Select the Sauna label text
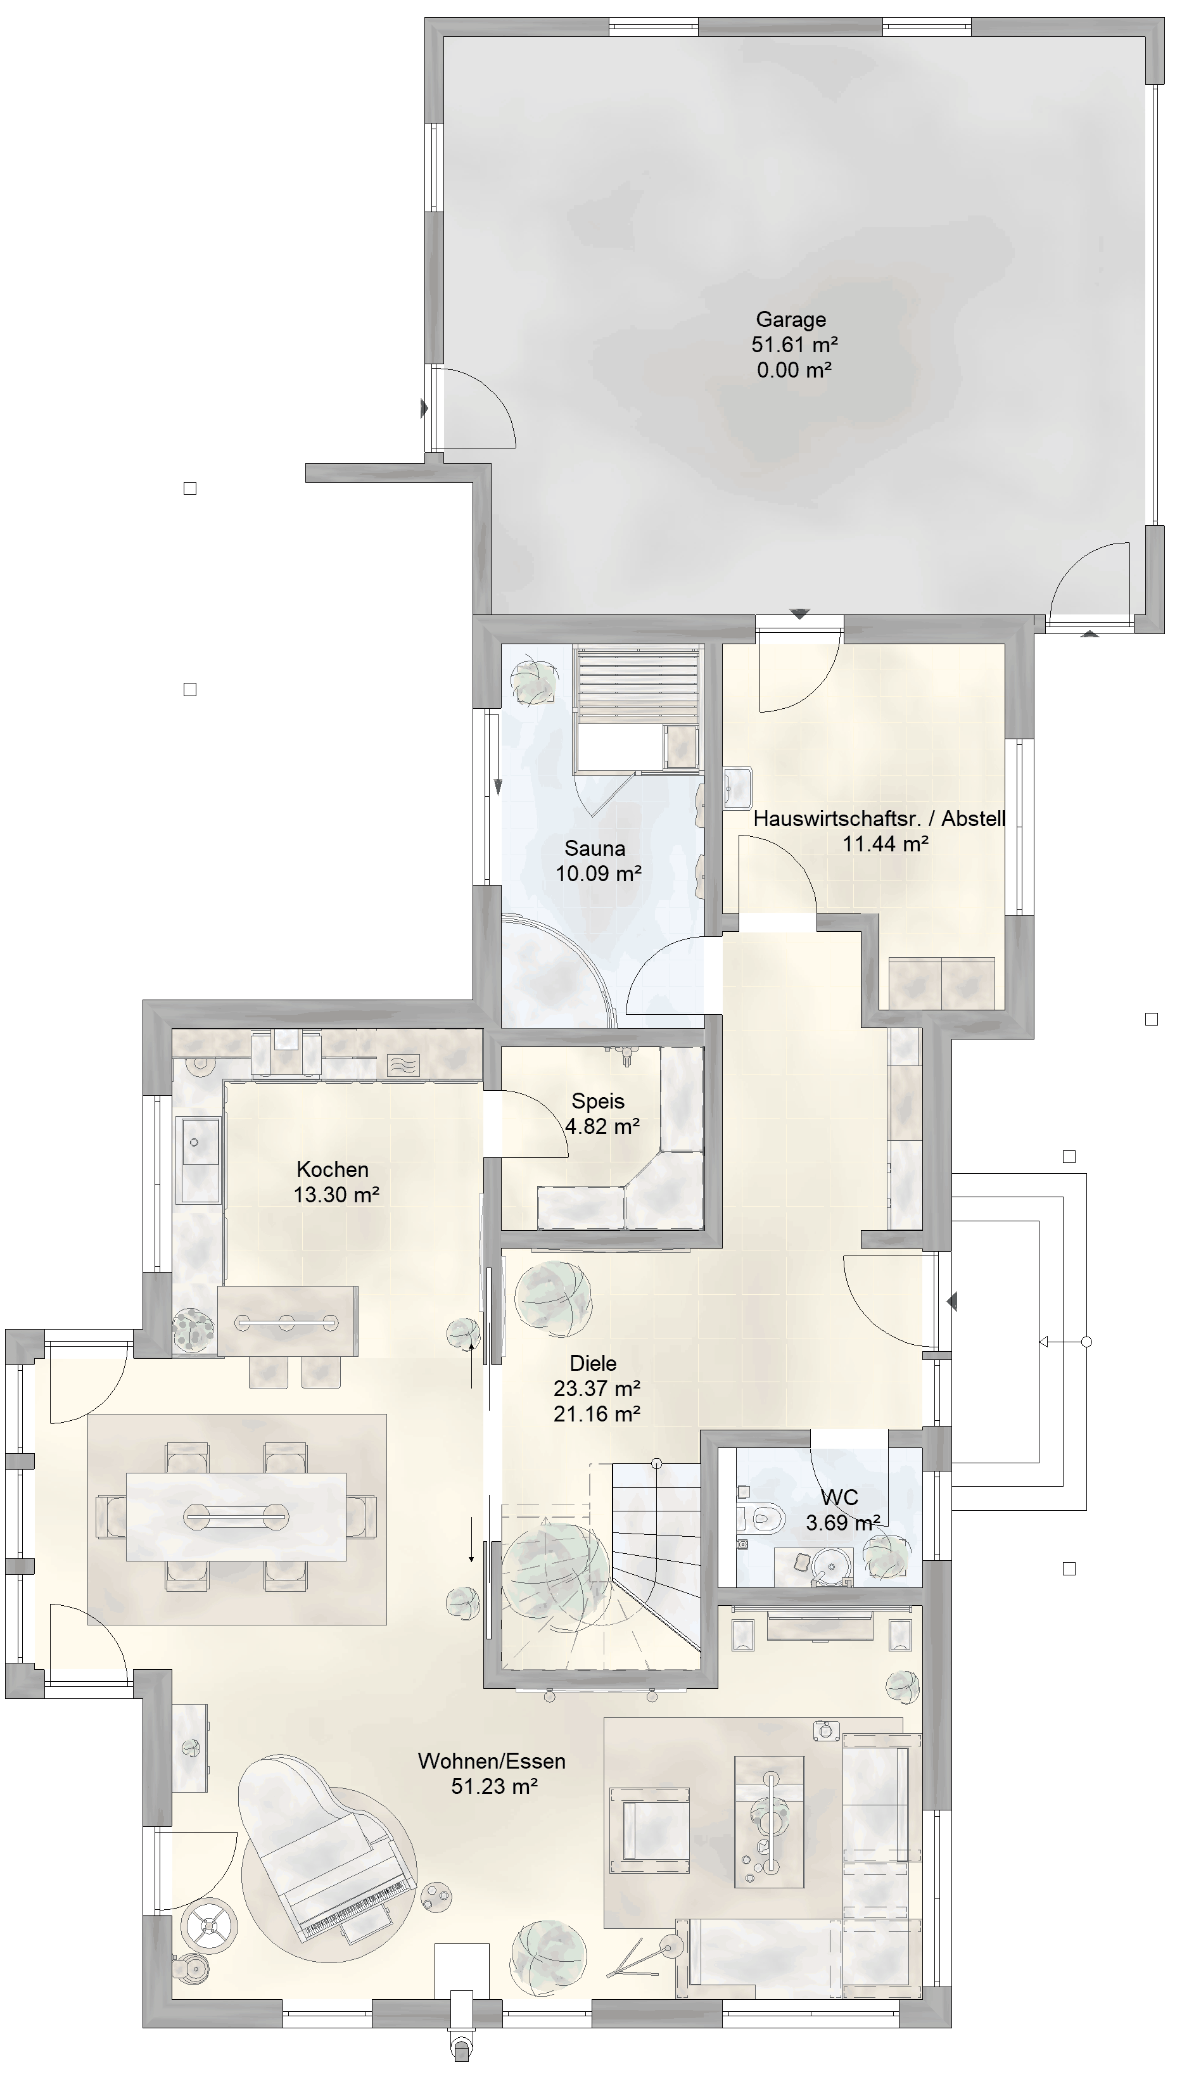click(595, 848)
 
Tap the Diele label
click(594, 1363)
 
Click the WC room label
click(839, 1497)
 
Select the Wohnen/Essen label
click(492, 1761)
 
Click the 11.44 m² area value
click(886, 844)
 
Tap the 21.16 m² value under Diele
click(597, 1413)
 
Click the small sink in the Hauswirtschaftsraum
click(737, 788)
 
